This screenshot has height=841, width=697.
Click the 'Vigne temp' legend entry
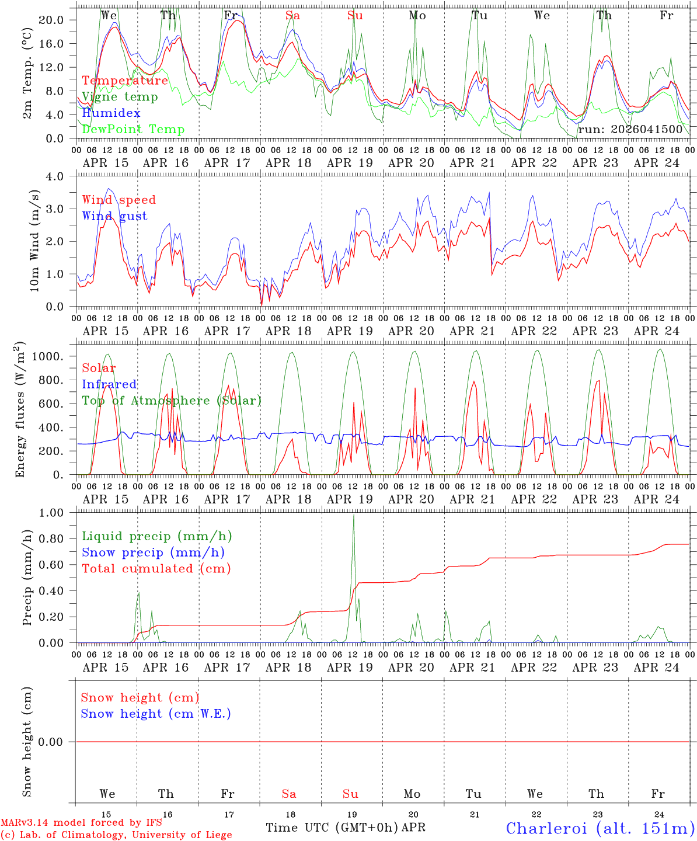tap(120, 97)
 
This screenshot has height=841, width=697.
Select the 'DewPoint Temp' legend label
tap(133, 130)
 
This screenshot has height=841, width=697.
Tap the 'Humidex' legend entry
tap(111, 113)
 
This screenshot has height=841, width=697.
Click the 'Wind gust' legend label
tap(114, 216)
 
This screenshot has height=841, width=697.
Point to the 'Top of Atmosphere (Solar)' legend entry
tap(172, 401)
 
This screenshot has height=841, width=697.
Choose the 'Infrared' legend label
tap(109, 384)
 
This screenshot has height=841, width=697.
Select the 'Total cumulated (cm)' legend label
tap(156, 568)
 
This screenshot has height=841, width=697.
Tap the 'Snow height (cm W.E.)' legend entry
tap(156, 714)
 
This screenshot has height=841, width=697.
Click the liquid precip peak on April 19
tap(353, 515)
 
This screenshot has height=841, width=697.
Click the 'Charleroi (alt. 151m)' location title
tap(600, 828)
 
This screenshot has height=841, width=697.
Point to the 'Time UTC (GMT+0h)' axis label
tap(332, 828)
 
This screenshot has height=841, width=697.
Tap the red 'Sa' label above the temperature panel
tap(292, 16)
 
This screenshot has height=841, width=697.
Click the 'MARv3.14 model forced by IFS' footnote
tap(81, 823)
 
